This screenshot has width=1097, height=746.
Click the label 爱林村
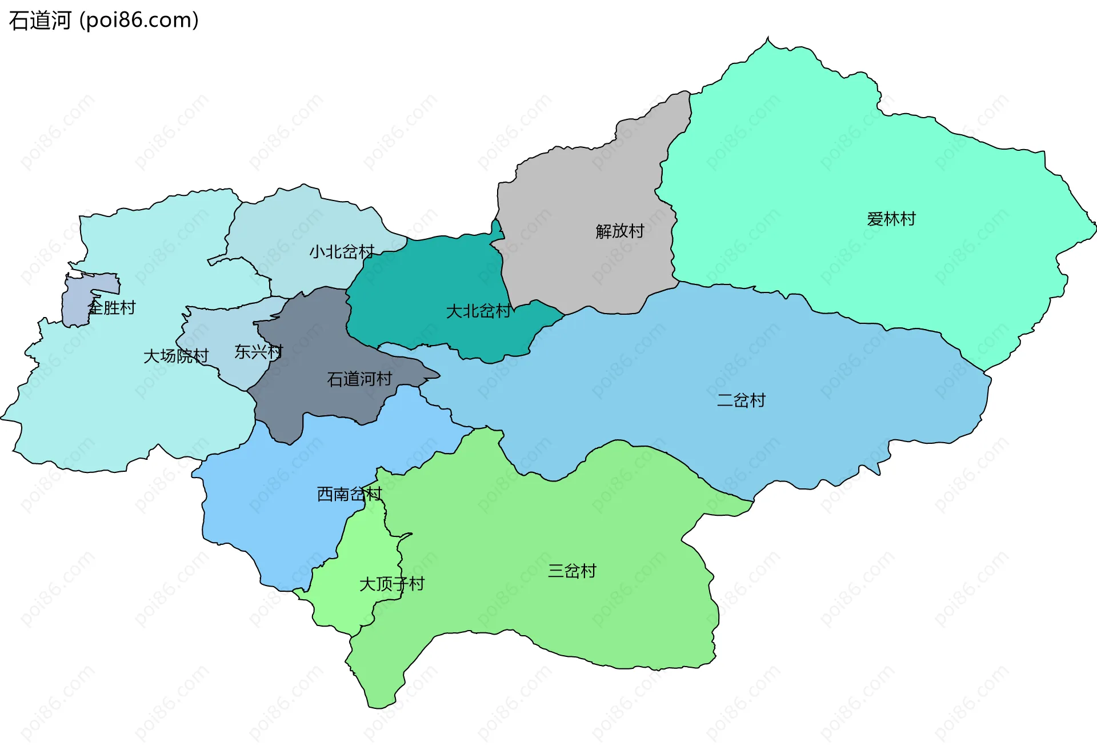pos(891,219)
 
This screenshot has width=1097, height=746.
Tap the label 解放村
pos(619,231)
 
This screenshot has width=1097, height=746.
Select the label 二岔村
pos(740,400)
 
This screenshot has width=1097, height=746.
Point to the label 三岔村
pos(571,571)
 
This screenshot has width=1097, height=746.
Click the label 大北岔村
pos(478,311)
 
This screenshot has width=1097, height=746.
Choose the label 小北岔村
pos(342,251)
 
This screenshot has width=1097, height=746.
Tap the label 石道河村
pos(359,379)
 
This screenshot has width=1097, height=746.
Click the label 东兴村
pos(258,352)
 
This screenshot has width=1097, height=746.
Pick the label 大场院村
pos(175,356)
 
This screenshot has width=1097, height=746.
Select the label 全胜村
pos(111,308)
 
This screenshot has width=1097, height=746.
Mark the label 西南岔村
pos(349,494)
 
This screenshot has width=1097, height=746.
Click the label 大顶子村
pos(391,584)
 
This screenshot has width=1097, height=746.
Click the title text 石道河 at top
pos(40,21)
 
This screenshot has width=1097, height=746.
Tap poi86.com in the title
pos(139,21)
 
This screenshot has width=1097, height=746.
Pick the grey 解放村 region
pos(583,188)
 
